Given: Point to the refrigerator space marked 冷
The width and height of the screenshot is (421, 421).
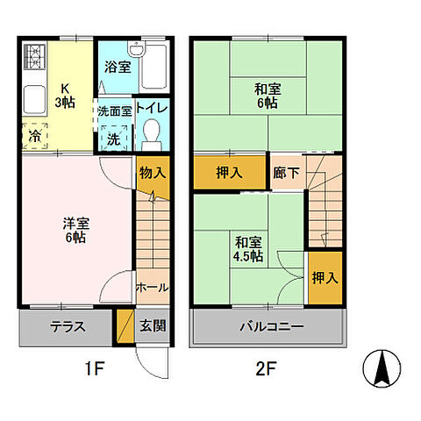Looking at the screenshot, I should [x=33, y=137].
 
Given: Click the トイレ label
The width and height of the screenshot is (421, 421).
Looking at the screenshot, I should [x=152, y=111].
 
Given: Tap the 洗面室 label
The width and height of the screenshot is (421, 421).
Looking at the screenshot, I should [x=114, y=111].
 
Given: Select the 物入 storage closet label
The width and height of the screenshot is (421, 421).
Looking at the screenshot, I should [x=152, y=173].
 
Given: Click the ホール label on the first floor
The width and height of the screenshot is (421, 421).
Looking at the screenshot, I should [x=152, y=287].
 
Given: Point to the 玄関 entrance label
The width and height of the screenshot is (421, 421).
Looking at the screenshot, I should [x=152, y=328].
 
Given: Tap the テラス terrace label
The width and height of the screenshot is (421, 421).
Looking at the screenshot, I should [x=68, y=328].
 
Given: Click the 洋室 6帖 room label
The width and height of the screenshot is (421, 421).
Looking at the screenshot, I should [x=75, y=230].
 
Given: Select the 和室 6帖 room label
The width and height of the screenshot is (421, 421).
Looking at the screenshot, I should [x=268, y=95].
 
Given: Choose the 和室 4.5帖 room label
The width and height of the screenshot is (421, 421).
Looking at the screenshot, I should [x=248, y=248].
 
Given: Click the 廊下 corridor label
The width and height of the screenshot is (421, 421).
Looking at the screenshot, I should [x=287, y=173].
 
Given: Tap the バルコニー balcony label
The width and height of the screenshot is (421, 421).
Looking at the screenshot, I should [x=273, y=328].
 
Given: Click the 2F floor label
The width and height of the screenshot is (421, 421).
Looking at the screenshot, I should [x=267, y=369].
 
